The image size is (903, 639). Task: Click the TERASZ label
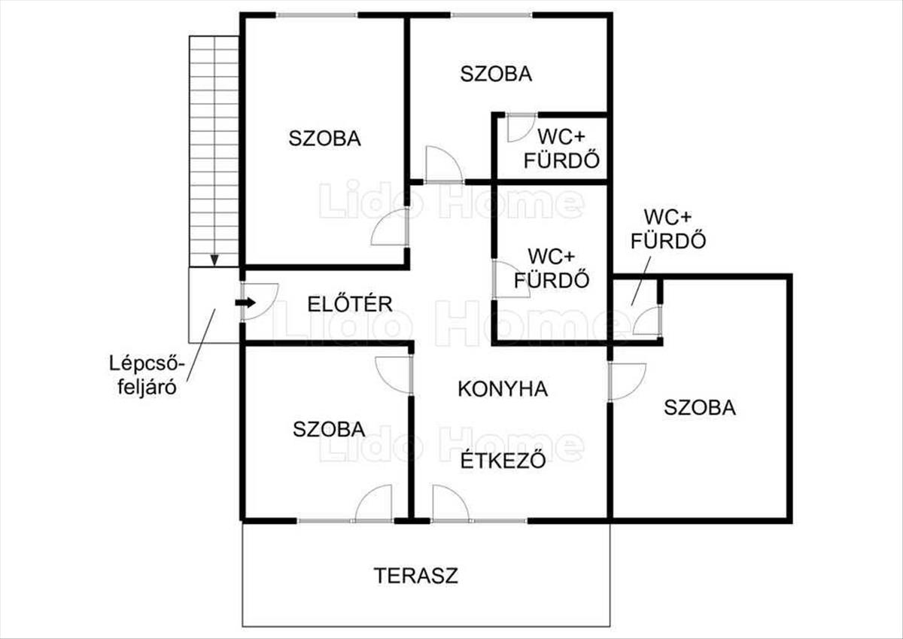(416, 576)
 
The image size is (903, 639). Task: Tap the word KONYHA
(503, 389)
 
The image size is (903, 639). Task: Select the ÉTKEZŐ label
(503, 458)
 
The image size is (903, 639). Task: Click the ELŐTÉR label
(350, 304)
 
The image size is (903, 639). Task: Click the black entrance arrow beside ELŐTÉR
(245, 303)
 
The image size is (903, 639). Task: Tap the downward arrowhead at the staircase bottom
(214, 260)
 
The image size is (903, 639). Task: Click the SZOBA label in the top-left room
(324, 138)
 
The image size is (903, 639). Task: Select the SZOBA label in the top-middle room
(496, 74)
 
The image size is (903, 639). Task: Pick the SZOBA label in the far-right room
(699, 407)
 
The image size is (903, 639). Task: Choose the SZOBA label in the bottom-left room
(329, 429)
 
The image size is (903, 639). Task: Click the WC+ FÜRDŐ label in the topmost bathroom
(561, 148)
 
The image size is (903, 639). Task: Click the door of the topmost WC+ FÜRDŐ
(520, 126)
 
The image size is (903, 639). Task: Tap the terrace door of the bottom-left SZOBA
(374, 504)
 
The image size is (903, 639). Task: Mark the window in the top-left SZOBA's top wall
(316, 15)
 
